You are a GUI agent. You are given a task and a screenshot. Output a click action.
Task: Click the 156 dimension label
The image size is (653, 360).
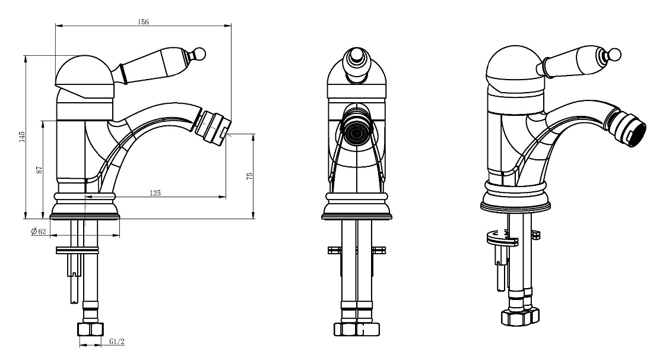tap(143, 22)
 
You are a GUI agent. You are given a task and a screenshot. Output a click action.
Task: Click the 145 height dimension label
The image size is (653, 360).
tap(22, 137)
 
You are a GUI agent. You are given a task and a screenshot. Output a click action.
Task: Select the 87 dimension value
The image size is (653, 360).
tap(40, 169)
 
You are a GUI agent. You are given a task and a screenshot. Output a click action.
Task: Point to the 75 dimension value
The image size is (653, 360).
tap(250, 176)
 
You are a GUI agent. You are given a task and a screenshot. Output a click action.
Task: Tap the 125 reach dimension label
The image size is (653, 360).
tap(155, 192)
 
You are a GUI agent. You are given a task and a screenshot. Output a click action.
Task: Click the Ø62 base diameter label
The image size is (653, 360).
tap(39, 231)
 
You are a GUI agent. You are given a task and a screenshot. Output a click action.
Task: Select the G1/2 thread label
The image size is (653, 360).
tap(117, 342)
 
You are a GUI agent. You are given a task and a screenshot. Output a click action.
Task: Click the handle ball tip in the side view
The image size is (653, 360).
tap(201, 53)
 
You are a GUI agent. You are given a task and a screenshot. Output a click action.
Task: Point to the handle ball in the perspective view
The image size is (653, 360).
tap(614, 54)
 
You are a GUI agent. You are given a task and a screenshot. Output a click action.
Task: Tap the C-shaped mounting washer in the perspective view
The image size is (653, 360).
tap(502, 238)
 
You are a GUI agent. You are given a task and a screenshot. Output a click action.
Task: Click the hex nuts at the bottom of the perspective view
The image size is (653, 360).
tap(520, 317)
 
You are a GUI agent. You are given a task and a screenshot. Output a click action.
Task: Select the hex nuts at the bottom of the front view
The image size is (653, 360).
tap(357, 329)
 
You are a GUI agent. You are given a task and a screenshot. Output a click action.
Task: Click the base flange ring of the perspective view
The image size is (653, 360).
tap(515, 204)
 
